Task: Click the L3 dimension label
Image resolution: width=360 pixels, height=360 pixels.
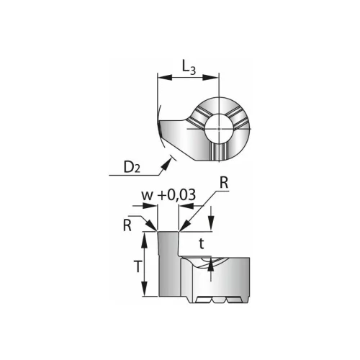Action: coord(189,68)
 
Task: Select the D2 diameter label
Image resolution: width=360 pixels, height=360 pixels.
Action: coord(132,167)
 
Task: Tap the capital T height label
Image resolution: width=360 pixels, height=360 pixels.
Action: coord(138,266)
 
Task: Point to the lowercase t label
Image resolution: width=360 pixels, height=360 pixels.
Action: coord(202,244)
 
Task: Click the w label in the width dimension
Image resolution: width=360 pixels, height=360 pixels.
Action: coord(147,196)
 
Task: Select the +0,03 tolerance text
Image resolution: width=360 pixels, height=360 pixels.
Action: coord(176,195)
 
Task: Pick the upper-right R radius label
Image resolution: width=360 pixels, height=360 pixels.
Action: coord(224,184)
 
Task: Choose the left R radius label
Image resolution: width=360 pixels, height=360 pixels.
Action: coord(127,225)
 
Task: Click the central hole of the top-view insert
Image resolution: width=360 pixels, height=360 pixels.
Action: coord(219,128)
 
